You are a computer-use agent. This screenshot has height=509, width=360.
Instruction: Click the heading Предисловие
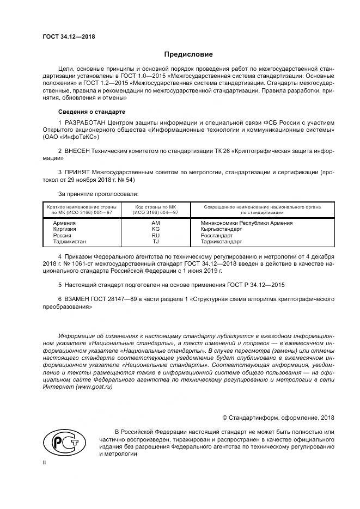pyautogui.click(x=188, y=54)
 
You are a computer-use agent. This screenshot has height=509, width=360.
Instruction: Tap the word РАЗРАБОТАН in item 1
pyautogui.click(x=84, y=123)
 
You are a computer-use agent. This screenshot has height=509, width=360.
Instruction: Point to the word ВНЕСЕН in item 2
pyautogui.click(x=78, y=150)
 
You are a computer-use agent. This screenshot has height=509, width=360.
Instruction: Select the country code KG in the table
pyautogui.click(x=156, y=229)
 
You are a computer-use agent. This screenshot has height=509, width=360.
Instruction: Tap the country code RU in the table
pyautogui.click(x=156, y=235)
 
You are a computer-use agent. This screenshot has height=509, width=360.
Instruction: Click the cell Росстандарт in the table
pyautogui.click(x=217, y=235)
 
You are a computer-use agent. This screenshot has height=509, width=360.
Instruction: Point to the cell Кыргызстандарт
pyautogui.click(x=221, y=229)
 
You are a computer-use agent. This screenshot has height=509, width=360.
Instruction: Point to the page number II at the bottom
pyautogui.click(x=45, y=462)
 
